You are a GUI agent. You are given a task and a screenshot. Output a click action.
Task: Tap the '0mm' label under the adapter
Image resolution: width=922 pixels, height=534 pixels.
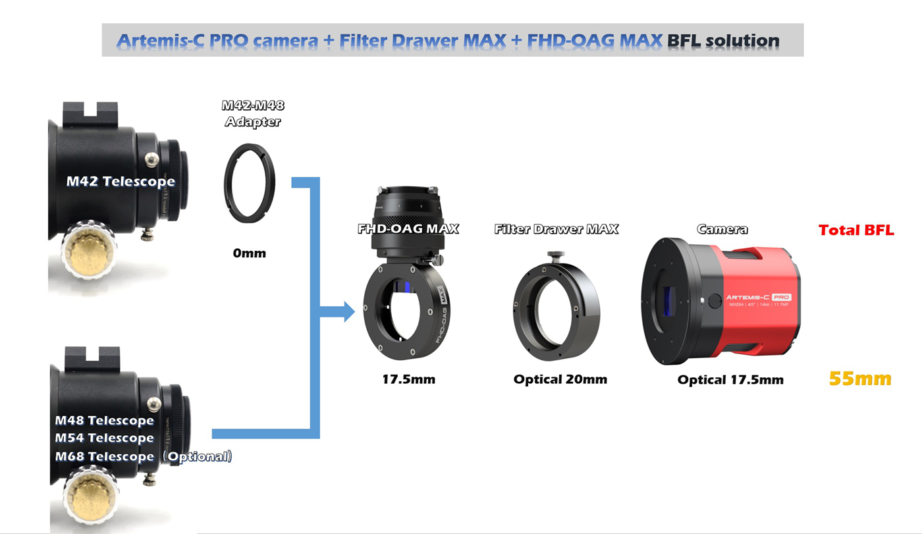point(249,252)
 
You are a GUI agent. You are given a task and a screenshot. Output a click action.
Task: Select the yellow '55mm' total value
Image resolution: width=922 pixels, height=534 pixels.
point(859,379)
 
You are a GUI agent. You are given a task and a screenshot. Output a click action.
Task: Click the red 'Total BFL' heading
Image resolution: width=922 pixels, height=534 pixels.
point(856,230)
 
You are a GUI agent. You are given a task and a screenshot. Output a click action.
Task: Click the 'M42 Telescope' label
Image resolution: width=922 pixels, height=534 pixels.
point(121,181)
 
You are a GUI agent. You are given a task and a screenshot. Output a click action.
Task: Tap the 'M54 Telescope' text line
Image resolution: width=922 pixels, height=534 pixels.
point(104,438)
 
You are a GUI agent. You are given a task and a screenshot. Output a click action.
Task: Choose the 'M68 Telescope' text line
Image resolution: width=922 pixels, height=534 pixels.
point(104,456)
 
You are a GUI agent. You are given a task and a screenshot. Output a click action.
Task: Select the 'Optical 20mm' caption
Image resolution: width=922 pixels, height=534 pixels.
point(560,379)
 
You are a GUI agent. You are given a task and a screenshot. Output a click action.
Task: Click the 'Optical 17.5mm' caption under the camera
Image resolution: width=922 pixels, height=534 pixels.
point(730,380)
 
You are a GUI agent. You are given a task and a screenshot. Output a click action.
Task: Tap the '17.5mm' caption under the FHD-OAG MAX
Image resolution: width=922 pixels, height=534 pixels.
point(408,379)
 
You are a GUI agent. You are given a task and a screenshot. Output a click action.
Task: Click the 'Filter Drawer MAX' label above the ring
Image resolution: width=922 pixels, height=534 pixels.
point(556,229)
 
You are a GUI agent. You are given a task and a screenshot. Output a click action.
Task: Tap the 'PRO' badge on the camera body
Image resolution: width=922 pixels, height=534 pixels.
point(781,297)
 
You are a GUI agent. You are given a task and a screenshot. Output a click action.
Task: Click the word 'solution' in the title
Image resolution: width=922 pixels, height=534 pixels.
point(742,41)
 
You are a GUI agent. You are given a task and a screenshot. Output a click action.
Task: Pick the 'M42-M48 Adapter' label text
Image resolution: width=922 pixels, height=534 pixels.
point(253,113)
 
